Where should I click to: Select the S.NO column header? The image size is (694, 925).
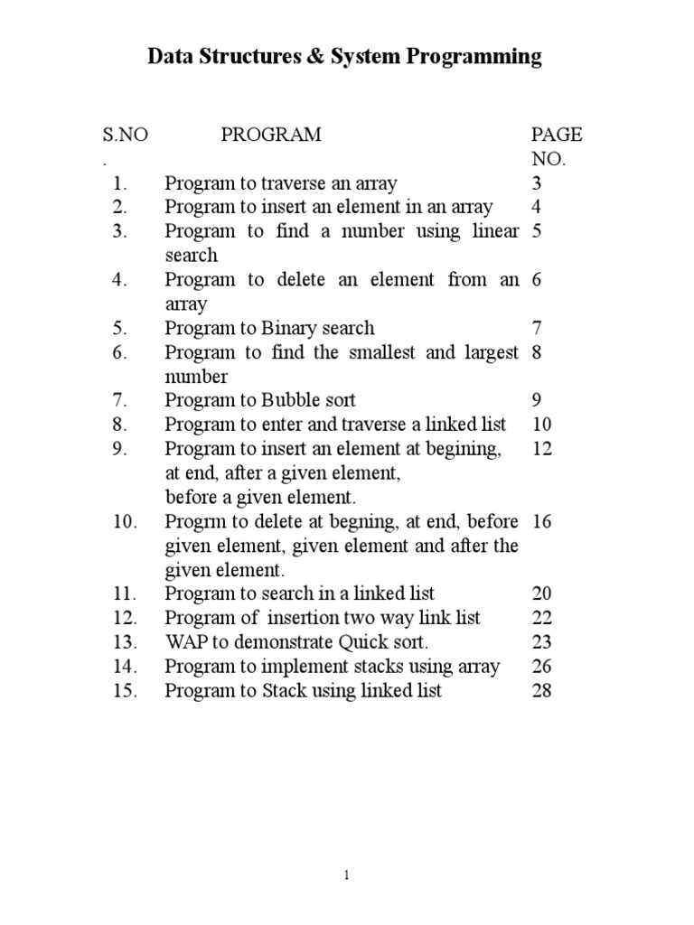coord(125,135)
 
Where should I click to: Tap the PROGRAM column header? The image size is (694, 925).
coord(271,135)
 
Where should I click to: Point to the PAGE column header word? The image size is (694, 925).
coord(557,135)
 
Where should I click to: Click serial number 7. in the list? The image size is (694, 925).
coord(124,400)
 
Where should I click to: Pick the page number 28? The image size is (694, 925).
coord(542,691)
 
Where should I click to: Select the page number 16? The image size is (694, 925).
coord(542,521)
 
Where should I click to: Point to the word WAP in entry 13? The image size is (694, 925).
coord(184,642)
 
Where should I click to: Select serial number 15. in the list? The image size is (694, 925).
coord(124,691)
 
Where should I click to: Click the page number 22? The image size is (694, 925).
coord(542,618)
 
